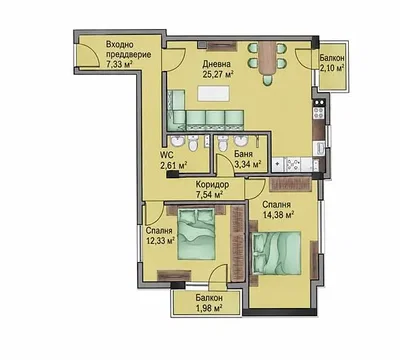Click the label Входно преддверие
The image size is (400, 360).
128,50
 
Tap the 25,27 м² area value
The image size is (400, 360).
217,74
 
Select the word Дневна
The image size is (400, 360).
216,64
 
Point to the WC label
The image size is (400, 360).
166,155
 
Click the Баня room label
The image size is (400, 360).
243,154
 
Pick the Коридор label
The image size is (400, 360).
212,184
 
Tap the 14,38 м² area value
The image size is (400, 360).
278,215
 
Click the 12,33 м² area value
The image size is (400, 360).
161,240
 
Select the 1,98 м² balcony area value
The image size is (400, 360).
209,307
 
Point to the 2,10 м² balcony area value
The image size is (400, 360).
332,68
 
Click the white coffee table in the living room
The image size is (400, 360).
214,93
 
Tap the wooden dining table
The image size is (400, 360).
267,59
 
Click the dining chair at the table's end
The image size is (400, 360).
267,80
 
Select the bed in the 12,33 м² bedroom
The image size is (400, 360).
196,234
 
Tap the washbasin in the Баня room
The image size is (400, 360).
240,141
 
